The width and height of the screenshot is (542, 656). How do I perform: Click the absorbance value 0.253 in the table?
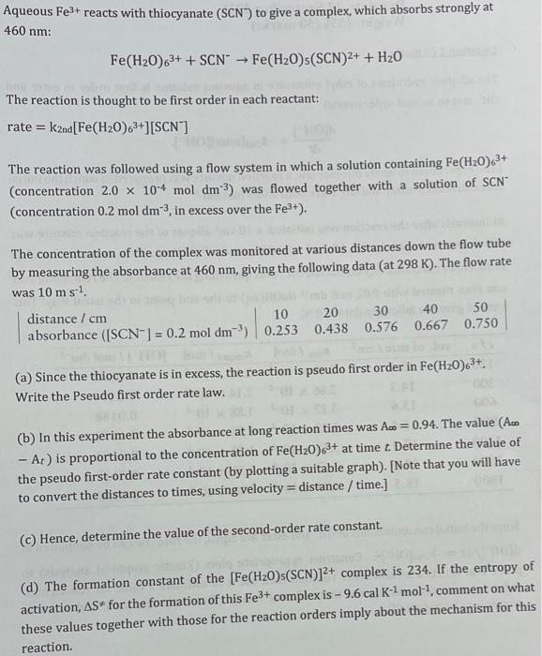[x=281, y=330]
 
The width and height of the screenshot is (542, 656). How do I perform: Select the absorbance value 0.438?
[x=332, y=329]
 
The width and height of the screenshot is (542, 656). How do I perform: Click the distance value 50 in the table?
[x=481, y=308]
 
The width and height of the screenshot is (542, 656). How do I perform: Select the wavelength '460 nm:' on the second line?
[x=27, y=30]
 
